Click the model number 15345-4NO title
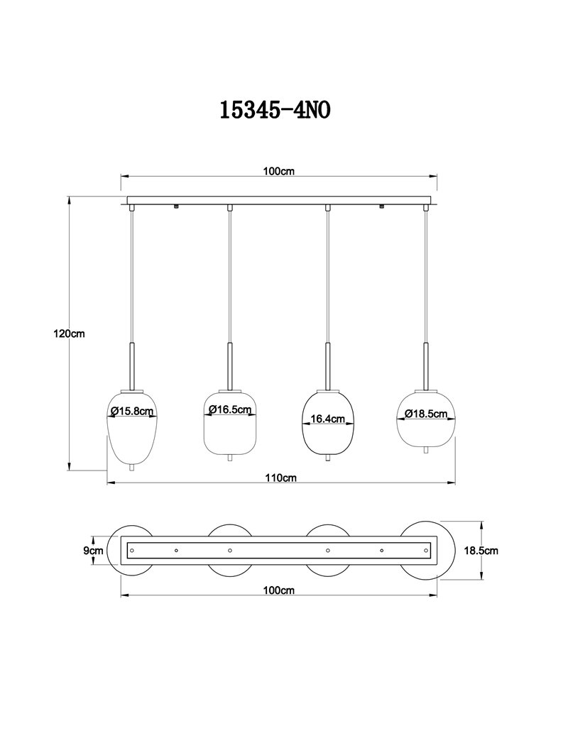pyautogui.click(x=275, y=110)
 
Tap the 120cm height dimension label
pyautogui.click(x=70, y=334)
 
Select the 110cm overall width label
pyautogui.click(x=280, y=478)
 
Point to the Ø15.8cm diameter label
pyautogui.click(x=132, y=411)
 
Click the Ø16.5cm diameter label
pyautogui.click(x=230, y=409)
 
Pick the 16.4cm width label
pyautogui.click(x=328, y=419)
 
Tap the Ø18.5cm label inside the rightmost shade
pyautogui.click(x=426, y=414)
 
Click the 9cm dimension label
pyautogui.click(x=93, y=550)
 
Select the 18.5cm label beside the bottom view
pyautogui.click(x=481, y=550)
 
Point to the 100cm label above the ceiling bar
pyautogui.click(x=278, y=171)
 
